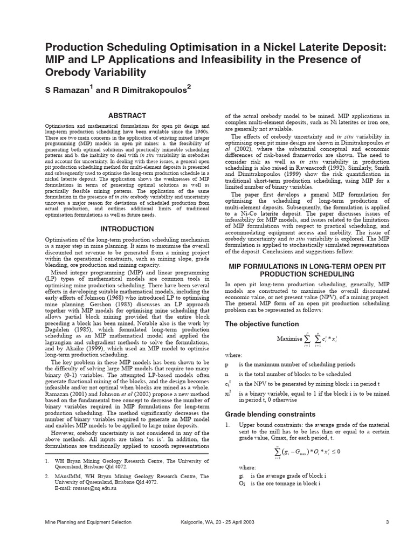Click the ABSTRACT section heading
click(127, 115)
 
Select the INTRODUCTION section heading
click(127, 229)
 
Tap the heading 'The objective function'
click(261, 324)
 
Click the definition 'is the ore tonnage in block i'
click(285, 484)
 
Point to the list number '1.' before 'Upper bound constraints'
click(227, 425)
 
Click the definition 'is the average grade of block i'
click(288, 476)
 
